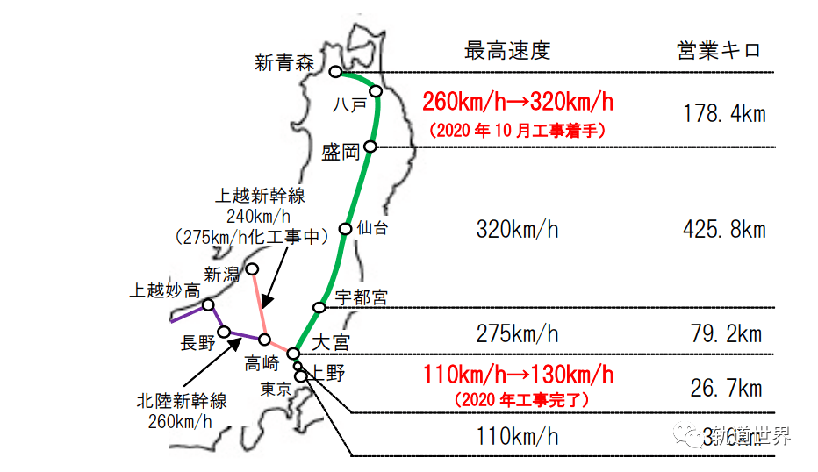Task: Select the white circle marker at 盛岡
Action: [370, 147]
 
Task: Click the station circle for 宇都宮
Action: [320, 306]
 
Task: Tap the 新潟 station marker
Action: [252, 268]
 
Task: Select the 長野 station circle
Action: [225, 332]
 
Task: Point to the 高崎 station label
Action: [264, 362]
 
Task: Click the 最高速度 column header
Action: [507, 50]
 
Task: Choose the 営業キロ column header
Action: [720, 50]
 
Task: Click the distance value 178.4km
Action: [724, 113]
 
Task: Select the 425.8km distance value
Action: [724, 230]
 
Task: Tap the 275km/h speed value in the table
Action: [517, 333]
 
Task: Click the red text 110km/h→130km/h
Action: [518, 375]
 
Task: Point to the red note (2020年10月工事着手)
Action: [518, 130]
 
